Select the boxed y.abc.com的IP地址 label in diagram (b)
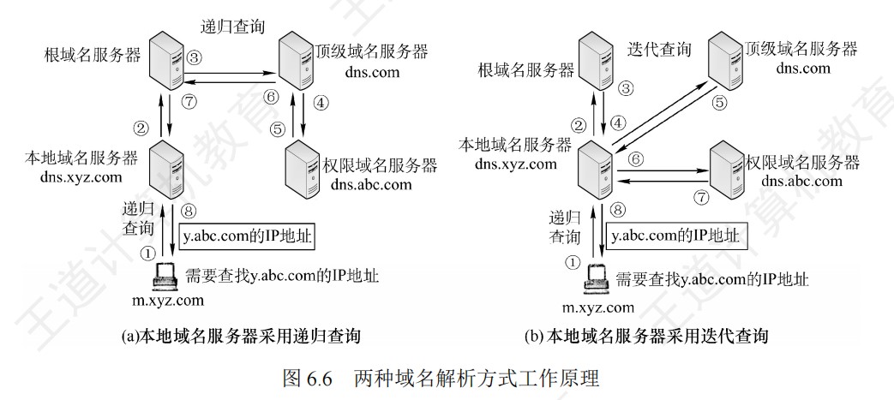673,234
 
